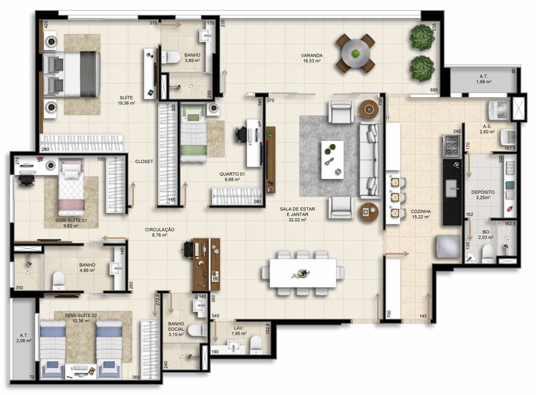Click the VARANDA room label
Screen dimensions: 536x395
pyautogui.click(x=312, y=55)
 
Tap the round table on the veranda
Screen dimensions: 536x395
pyautogui.click(x=356, y=53)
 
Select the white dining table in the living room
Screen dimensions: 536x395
pyautogui.click(x=303, y=273)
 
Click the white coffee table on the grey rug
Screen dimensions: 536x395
pyautogui.click(x=332, y=160)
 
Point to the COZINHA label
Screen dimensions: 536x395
pyautogui.click(x=421, y=211)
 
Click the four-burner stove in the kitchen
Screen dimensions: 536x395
pyautogui.click(x=451, y=146)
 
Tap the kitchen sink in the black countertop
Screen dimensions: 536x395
pyautogui.click(x=451, y=188)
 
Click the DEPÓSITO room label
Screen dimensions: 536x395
pyautogui.click(x=483, y=192)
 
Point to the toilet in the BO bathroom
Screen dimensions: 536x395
pyautogui.click(x=488, y=254)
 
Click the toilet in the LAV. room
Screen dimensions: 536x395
pyautogui.click(x=256, y=345)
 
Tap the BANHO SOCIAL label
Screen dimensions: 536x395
pyautogui.click(x=176, y=327)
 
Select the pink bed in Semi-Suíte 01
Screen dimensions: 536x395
pyautogui.click(x=72, y=187)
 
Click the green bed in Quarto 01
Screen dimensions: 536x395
pyautogui.click(x=193, y=133)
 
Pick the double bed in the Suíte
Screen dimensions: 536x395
pyautogui.click(x=72, y=74)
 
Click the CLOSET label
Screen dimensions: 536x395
pyautogui.click(x=144, y=161)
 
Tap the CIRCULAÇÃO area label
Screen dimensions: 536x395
pyautogui.click(x=160, y=230)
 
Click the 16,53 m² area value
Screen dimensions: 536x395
pyautogui.click(x=312, y=61)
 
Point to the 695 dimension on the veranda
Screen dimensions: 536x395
pyautogui.click(x=434, y=90)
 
